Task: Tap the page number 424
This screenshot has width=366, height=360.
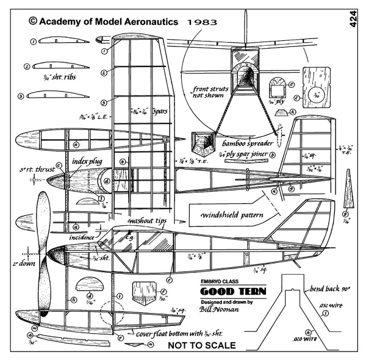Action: coord(354,19)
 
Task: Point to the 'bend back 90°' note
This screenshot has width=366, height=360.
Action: coord(329,287)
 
